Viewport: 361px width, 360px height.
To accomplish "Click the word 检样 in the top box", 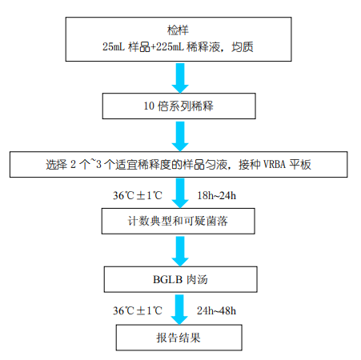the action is coord(178,30).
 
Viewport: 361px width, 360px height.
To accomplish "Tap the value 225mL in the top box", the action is coord(170,46).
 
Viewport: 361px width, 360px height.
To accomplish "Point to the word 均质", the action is coord(243,47).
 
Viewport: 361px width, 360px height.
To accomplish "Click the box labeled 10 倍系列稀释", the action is coord(179,106).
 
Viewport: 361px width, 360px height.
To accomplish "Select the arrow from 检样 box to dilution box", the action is coord(180,78).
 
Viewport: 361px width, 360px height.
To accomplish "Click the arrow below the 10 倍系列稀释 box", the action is coord(180,137).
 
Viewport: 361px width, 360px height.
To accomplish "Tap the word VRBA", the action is coord(275,164).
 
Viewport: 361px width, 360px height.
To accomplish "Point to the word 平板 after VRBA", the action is coord(300,164).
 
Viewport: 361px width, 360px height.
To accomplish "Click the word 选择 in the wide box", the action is coord(57,165).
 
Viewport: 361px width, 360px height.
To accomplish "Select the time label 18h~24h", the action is coord(217,196).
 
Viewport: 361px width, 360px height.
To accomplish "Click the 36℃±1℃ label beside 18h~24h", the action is coord(138,196).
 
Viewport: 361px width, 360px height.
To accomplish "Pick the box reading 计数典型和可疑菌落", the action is coord(178,221).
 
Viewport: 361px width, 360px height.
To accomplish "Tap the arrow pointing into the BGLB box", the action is coord(180,251).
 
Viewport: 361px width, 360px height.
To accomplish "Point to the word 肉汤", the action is coord(197,279).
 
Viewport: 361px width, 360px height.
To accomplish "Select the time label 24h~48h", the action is coord(217,311).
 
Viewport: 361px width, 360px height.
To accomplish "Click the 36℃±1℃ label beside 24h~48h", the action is coord(138,311).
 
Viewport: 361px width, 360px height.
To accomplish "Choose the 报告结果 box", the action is coord(179,338).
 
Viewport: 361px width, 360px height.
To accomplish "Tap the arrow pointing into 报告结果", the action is coord(179,310).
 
